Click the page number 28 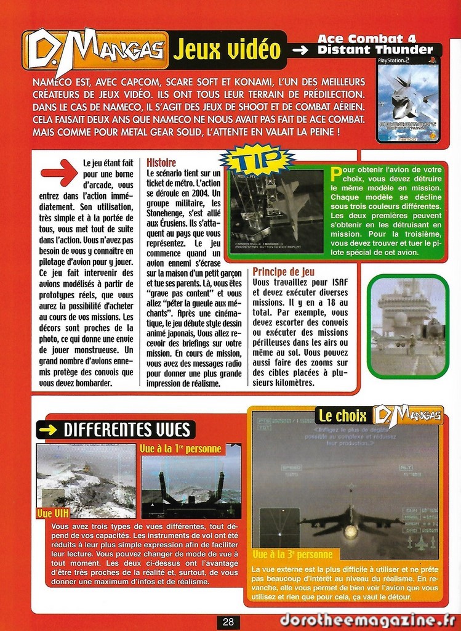point(228,622)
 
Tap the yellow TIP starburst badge point(255,160)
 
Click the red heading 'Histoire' point(161,163)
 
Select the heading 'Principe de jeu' point(283,272)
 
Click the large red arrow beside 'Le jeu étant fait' point(59,172)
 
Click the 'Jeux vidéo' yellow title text point(226,50)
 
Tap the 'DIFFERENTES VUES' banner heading point(116,429)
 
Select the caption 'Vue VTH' point(53,513)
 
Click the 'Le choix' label point(342,416)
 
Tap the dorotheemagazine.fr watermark point(367,620)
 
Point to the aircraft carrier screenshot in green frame point(408,325)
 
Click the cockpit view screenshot point(191,486)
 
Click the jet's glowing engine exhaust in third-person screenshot point(351,531)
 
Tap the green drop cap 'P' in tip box point(336,174)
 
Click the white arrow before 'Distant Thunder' point(300,50)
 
